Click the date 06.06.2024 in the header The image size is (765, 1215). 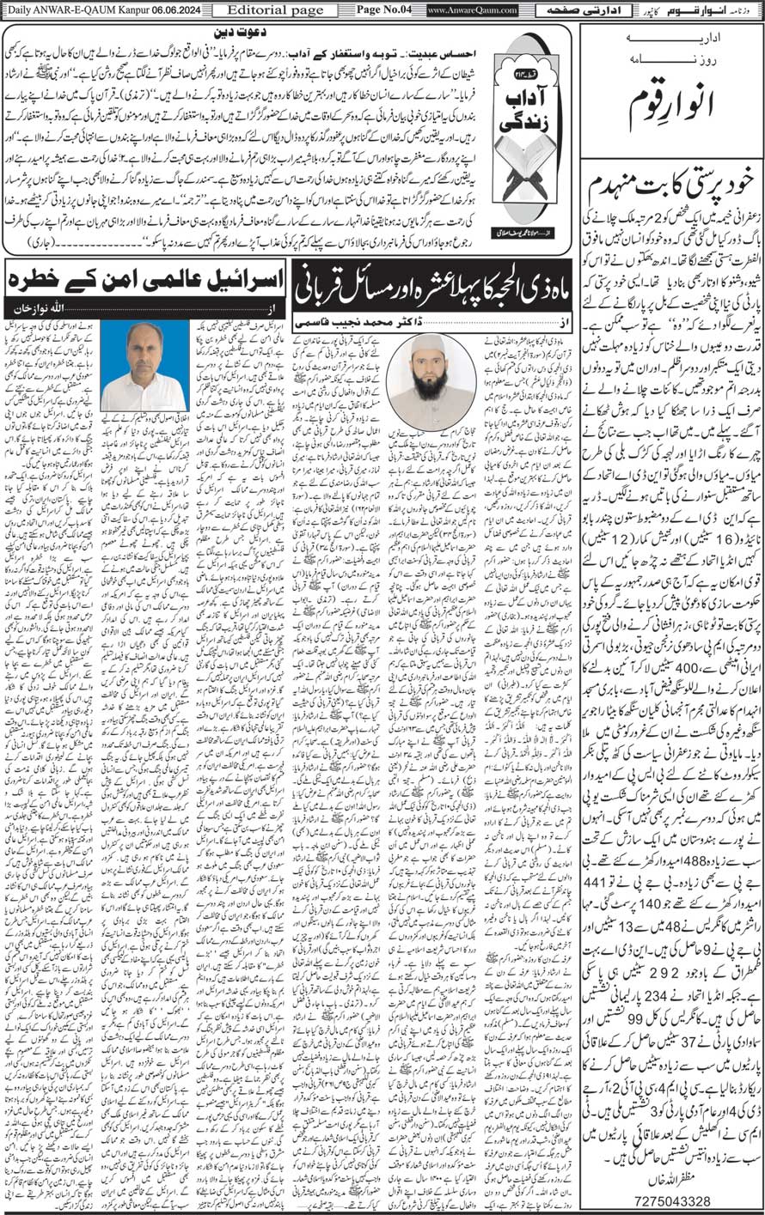coord(169,9)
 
